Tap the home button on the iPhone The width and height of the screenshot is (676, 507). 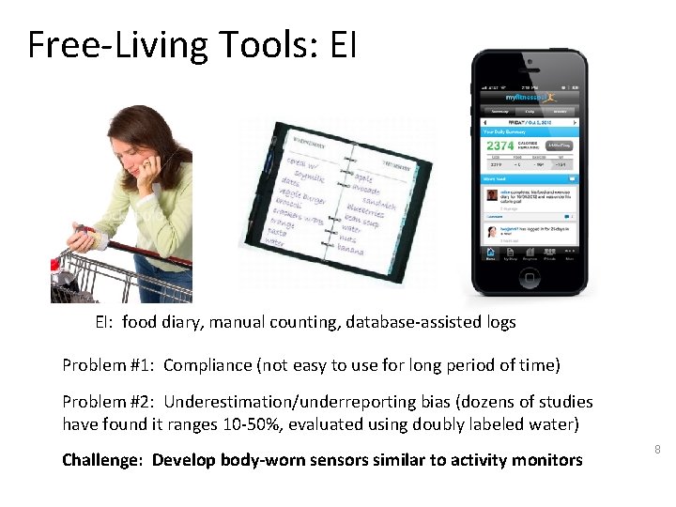(530, 278)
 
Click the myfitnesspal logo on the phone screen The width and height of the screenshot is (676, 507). (529, 97)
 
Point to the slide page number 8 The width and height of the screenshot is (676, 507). (657, 450)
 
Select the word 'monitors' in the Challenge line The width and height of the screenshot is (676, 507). (549, 460)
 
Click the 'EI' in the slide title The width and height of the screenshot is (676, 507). (344, 44)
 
